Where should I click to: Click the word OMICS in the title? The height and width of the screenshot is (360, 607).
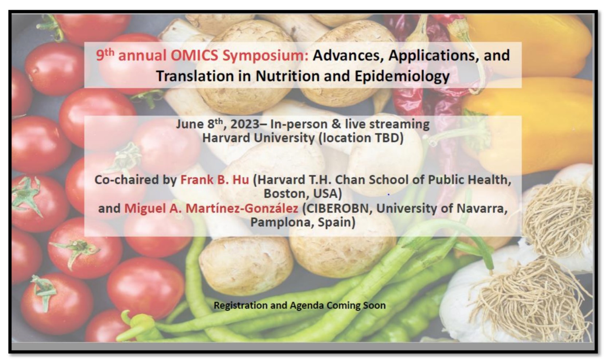(194, 55)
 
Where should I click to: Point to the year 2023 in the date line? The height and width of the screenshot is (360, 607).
(245, 124)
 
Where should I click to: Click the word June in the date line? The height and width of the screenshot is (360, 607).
(190, 124)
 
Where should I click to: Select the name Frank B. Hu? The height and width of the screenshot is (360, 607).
(215, 180)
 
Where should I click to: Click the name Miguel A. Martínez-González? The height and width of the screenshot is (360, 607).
(211, 208)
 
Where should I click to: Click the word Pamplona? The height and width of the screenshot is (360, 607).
(282, 223)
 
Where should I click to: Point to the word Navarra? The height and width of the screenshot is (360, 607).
(482, 208)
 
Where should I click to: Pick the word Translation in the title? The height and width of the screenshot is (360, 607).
(195, 76)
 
